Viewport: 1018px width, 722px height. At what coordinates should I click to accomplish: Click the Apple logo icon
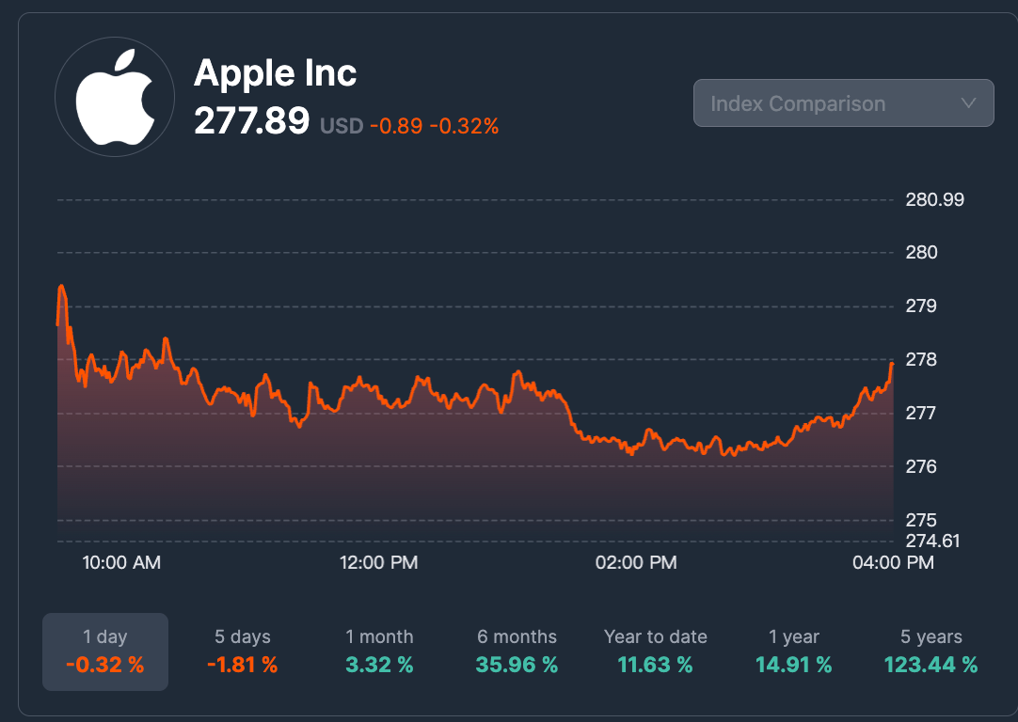pos(114,98)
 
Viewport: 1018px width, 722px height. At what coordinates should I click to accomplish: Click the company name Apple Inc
pos(275,73)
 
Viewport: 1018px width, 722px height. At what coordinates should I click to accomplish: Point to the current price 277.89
pos(251,121)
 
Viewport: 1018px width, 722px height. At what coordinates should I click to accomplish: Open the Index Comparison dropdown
pos(843,103)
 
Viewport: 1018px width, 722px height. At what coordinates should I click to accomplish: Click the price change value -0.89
pos(395,125)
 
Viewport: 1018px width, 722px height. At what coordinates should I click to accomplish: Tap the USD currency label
pos(342,125)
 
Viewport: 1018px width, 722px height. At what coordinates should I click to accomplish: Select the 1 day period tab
pos(105,651)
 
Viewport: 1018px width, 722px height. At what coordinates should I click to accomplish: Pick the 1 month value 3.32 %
pos(379,666)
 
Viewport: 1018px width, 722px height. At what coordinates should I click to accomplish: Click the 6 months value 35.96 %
pos(517,666)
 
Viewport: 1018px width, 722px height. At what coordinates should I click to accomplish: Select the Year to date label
pos(655,637)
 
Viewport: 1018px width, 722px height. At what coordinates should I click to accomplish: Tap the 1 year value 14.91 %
pos(793,666)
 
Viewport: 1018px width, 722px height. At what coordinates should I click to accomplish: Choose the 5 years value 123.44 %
pos(931,666)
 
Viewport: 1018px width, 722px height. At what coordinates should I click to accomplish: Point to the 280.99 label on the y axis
pos(934,200)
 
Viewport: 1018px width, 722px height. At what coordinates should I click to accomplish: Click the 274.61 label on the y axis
pos(932,541)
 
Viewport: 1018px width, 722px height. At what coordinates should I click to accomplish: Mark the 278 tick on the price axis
pos(921,360)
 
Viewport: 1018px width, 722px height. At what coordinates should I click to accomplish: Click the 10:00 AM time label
pos(121,563)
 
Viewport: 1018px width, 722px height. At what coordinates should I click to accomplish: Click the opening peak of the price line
pos(62,286)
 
